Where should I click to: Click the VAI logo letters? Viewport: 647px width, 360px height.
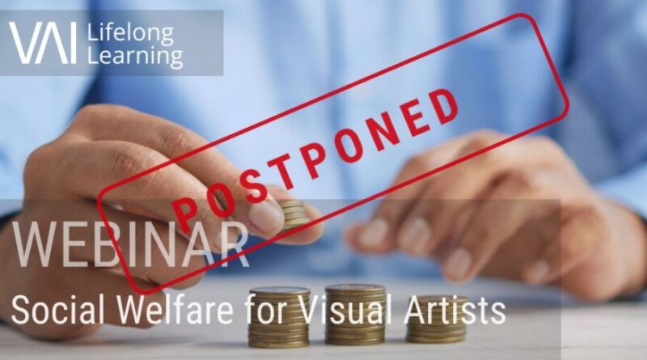point(43,43)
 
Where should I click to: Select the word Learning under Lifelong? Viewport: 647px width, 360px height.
point(135,57)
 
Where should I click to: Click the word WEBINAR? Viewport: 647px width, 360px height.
point(130,245)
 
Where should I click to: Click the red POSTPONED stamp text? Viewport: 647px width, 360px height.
point(315,155)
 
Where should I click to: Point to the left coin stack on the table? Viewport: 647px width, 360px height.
point(278,317)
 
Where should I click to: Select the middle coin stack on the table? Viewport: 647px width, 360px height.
point(355,314)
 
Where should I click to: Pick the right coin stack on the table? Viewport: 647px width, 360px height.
point(437,319)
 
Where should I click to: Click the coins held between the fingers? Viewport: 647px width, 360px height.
point(294,214)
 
